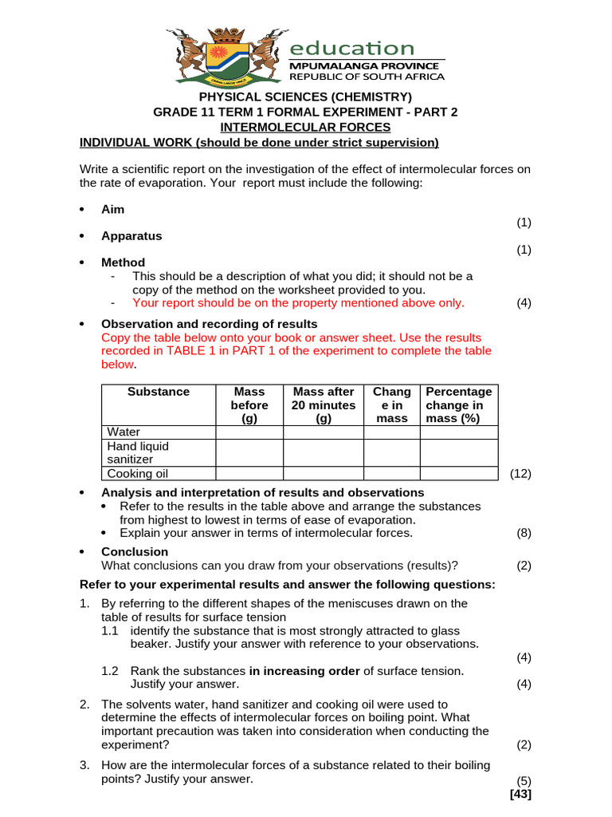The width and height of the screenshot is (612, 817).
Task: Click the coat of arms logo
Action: pos(226,57)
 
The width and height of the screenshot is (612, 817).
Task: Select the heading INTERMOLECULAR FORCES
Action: pos(305,127)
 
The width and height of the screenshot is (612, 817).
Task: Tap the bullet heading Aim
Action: pos(112,209)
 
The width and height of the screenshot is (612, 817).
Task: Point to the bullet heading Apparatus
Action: pos(131,235)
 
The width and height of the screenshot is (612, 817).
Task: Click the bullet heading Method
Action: pos(123,262)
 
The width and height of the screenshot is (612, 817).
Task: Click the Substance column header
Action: pos(159,392)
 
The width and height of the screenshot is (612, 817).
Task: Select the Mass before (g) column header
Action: pos(249,405)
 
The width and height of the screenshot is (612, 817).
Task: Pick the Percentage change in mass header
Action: pos(459,405)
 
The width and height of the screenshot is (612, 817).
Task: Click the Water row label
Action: pos(124,432)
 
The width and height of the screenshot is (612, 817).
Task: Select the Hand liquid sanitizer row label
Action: pos(138,452)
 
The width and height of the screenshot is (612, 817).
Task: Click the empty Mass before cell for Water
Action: pos(249,432)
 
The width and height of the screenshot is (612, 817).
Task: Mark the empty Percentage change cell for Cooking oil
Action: pos(459,473)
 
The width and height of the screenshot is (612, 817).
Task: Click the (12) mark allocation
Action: pos(520,473)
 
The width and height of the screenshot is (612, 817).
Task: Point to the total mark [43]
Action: pos(520,794)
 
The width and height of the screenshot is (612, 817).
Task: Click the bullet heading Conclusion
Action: pos(134,551)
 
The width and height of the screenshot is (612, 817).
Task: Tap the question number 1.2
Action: pos(110,670)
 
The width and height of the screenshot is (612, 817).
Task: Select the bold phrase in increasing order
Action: pos(304,670)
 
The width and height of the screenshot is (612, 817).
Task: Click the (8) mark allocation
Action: pos(523,533)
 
